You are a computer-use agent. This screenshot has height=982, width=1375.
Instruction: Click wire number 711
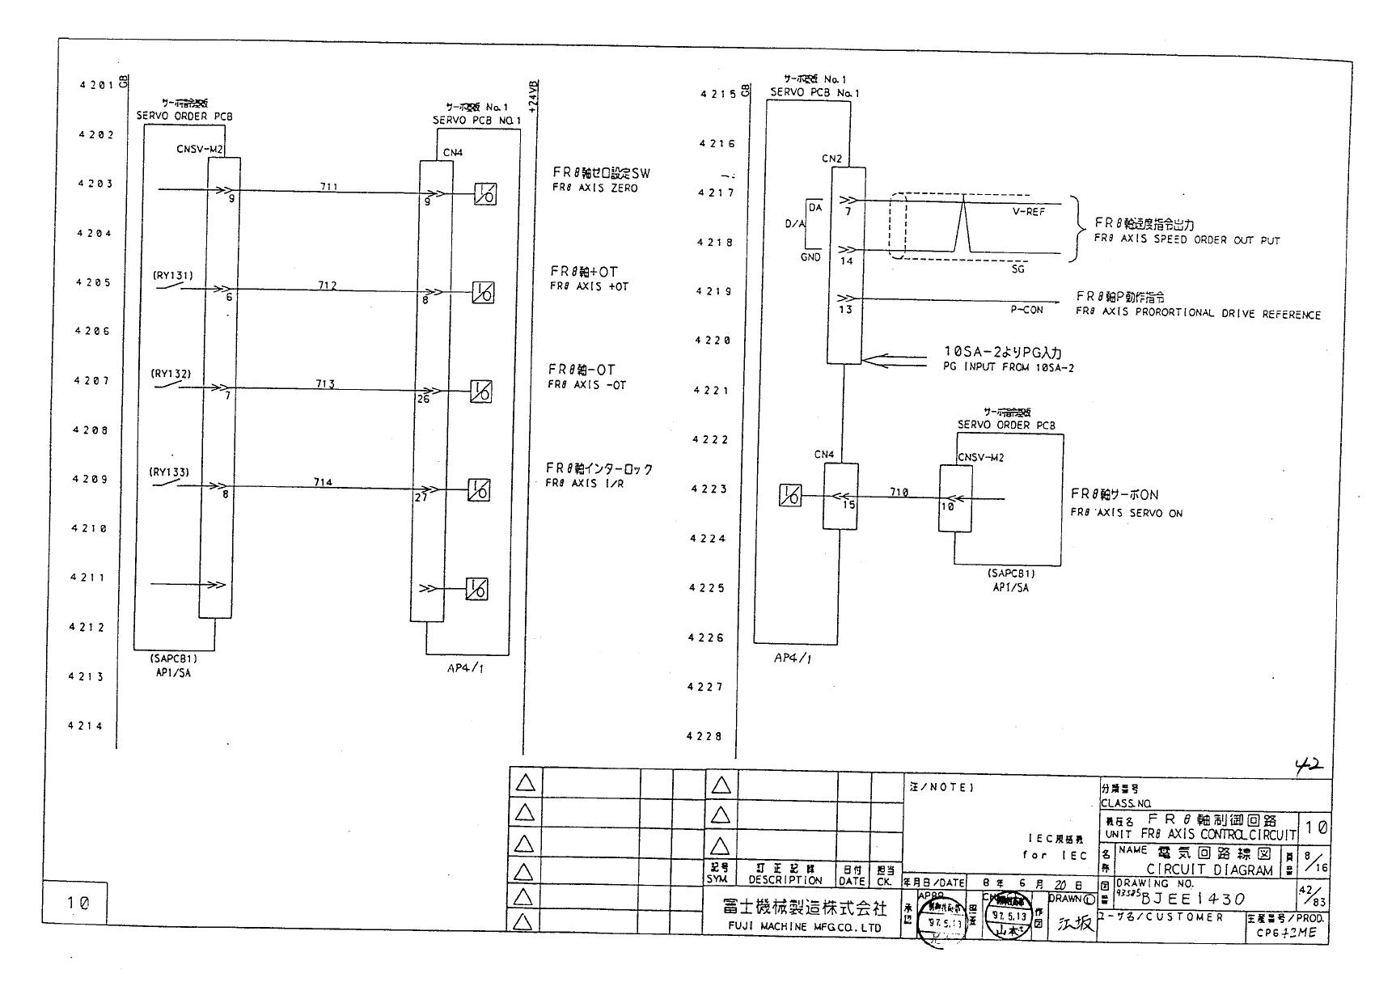[328, 187]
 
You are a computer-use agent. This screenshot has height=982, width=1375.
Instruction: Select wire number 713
[325, 383]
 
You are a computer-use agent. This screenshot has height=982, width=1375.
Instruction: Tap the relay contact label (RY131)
[173, 275]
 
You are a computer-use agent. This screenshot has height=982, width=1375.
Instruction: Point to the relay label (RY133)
[170, 472]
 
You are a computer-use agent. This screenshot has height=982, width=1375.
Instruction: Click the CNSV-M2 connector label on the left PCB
[200, 149]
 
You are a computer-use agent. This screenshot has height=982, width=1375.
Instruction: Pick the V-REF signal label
[1028, 212]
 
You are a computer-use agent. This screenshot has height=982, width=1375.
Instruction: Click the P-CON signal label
[1026, 310]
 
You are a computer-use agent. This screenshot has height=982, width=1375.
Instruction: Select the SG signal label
[1017, 269]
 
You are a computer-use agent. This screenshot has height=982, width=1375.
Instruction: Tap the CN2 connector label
[832, 159]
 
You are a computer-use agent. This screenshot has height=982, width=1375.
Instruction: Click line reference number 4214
[86, 726]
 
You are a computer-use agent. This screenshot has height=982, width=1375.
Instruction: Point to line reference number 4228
[704, 736]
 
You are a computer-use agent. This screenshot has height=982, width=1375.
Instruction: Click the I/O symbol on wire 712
[483, 293]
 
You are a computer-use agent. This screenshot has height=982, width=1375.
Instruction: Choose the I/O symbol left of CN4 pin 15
[790, 495]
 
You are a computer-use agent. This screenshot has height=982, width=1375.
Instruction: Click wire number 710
[898, 492]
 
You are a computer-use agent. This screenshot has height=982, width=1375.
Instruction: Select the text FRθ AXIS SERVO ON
[1126, 513]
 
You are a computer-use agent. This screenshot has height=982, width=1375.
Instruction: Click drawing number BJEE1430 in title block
[1193, 899]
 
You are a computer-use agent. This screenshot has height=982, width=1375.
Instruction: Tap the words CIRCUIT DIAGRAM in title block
[1209, 870]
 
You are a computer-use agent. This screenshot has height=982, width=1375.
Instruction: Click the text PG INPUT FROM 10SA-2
[1008, 367]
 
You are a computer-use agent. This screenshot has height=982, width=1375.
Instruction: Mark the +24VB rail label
[533, 95]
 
